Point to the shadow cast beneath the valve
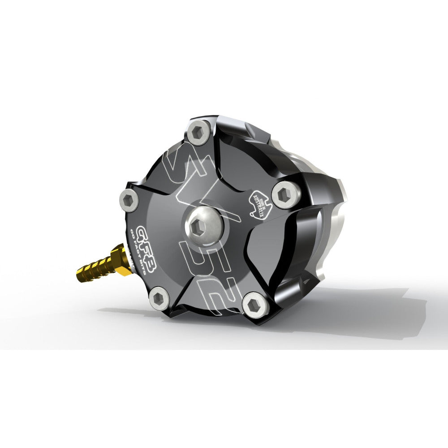(x=358, y=309)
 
